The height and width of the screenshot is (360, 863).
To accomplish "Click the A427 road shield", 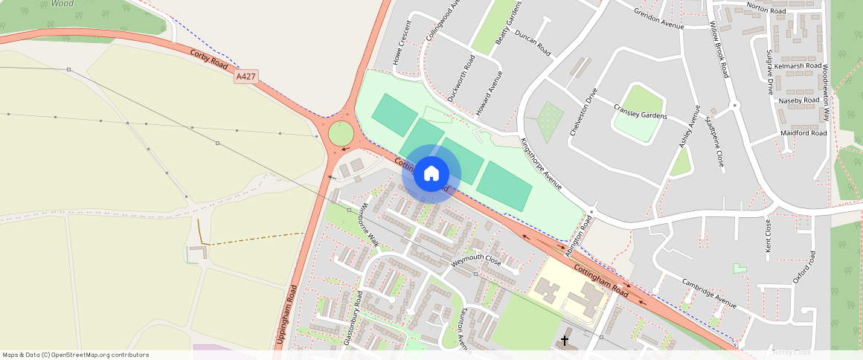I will click(246, 77).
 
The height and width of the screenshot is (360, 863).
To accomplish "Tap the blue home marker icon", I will click(431, 174).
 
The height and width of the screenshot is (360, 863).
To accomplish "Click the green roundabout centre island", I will click(341, 134).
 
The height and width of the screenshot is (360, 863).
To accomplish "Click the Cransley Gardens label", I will click(640, 112).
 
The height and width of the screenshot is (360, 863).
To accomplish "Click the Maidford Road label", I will click(803, 133).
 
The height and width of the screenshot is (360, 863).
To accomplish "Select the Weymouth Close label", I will click(476, 261).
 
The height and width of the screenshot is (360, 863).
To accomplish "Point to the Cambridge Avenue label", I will click(710, 293).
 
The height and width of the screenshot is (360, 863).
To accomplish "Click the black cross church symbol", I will click(565, 341).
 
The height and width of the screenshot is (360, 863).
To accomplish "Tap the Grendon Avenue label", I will click(658, 19).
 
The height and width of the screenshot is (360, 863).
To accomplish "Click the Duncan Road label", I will click(533, 45).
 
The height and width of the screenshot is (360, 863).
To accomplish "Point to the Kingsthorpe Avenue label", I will click(541, 163).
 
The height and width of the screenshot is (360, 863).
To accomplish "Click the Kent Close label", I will click(769, 235).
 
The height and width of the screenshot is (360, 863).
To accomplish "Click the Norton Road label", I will click(766, 11).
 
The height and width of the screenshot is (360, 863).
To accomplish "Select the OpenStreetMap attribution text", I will click(75, 355).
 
